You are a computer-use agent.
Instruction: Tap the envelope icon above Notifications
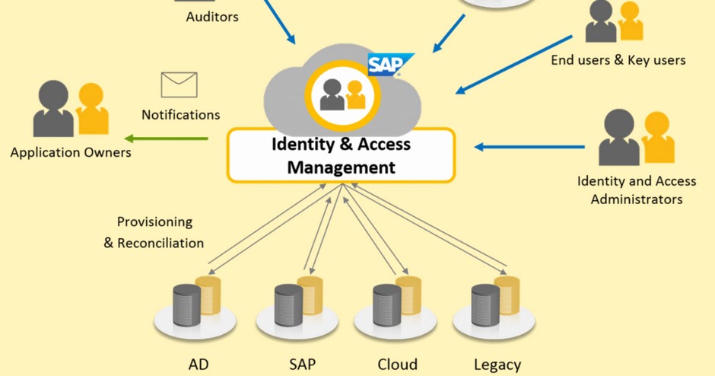click(180, 85)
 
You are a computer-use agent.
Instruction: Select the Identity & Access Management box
click(342, 155)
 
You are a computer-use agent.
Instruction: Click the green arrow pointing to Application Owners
click(167, 139)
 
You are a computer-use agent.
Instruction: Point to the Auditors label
click(212, 16)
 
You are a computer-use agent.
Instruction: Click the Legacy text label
click(497, 365)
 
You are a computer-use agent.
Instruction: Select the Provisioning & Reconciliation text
click(154, 233)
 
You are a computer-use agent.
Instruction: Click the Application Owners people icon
click(71, 110)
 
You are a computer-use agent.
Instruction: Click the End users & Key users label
click(618, 60)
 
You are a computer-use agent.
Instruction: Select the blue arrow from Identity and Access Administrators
click(530, 146)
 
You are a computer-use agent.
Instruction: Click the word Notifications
click(181, 115)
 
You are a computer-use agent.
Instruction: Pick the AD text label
click(199, 365)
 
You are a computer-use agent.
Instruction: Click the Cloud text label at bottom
click(397, 365)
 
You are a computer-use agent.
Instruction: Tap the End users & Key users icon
click(614, 21)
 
